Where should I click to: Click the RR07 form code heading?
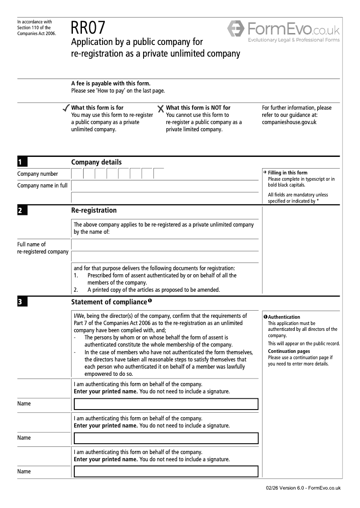click(88, 28)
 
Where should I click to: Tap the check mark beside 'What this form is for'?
click(66, 108)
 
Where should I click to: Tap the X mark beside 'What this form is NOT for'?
click(161, 109)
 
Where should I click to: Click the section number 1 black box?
click(22, 162)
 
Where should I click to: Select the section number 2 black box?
click(22, 210)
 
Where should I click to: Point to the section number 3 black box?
click(22, 302)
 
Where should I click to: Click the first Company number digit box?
click(77, 174)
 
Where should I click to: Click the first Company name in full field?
click(165, 185)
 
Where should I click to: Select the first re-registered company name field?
click(165, 245)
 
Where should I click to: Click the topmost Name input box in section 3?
click(166, 404)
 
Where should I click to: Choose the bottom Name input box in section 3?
click(166, 472)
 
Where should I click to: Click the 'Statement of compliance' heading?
click(109, 302)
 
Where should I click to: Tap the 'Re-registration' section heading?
click(94, 210)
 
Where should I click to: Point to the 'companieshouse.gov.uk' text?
click(289, 122)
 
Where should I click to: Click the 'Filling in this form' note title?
click(287, 173)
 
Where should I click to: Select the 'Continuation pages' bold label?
click(288, 351)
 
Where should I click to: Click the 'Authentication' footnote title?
click(284, 317)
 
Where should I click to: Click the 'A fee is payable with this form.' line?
click(111, 83)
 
